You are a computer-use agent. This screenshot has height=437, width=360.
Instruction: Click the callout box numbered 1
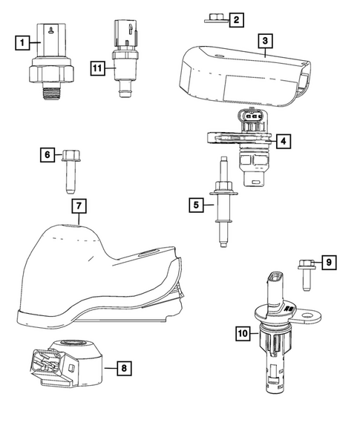tap(23, 43)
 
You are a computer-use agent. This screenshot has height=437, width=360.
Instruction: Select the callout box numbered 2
tap(235, 20)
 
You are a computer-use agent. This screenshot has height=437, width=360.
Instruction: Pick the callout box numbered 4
tap(283, 139)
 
